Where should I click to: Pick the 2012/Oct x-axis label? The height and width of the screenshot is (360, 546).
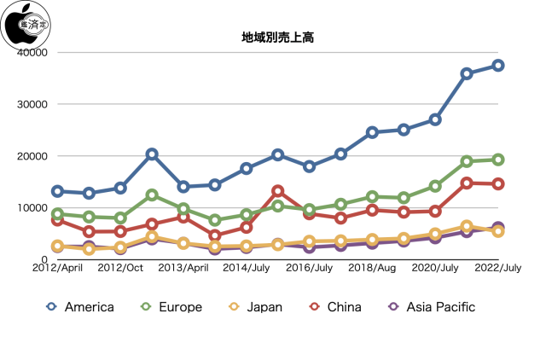point(120,268)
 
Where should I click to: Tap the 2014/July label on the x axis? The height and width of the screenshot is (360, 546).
point(246,268)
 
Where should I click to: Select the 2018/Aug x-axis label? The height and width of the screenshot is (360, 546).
point(372,268)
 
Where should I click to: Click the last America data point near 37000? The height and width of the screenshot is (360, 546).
point(498,66)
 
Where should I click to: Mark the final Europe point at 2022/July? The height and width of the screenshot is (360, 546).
point(498,160)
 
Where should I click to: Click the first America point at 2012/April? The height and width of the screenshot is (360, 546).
point(57,191)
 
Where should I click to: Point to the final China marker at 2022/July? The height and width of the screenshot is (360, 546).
point(498,183)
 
